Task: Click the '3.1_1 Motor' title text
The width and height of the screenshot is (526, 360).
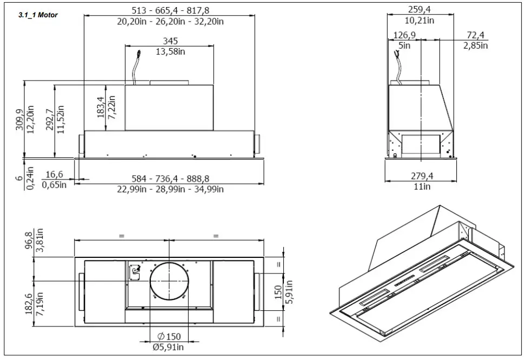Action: click(x=38, y=15)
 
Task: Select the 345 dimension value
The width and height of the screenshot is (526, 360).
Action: click(x=171, y=41)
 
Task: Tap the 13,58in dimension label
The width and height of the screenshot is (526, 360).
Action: click(x=171, y=51)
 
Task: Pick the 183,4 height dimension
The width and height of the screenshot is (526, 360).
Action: click(x=100, y=108)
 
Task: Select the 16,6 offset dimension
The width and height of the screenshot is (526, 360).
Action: click(x=55, y=175)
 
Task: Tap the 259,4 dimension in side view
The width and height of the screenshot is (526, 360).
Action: click(x=421, y=9)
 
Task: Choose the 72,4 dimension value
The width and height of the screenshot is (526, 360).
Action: click(x=476, y=35)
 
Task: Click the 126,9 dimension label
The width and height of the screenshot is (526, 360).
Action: click(x=404, y=35)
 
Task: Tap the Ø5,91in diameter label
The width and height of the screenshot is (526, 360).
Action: click(x=169, y=348)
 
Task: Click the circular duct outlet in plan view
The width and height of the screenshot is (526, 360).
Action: click(x=170, y=282)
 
